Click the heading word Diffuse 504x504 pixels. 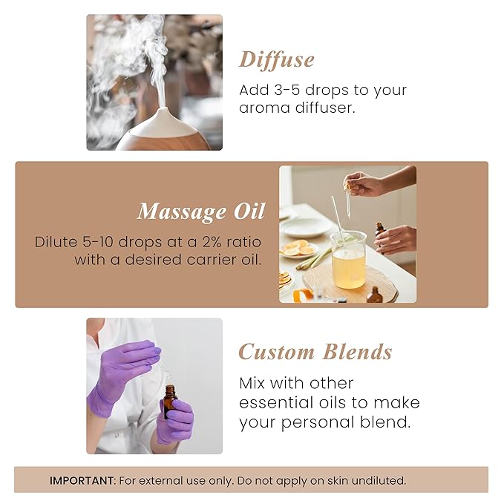(x=276, y=59)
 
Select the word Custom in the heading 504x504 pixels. (x=275, y=352)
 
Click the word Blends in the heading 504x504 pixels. (x=356, y=352)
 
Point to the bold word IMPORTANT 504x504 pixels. (x=82, y=480)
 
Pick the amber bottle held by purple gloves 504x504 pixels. (x=170, y=402)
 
